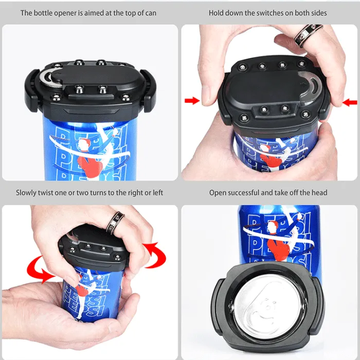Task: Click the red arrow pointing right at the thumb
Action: click(x=192, y=101)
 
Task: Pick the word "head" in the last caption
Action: click(x=319, y=193)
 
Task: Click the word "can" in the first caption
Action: click(x=151, y=13)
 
